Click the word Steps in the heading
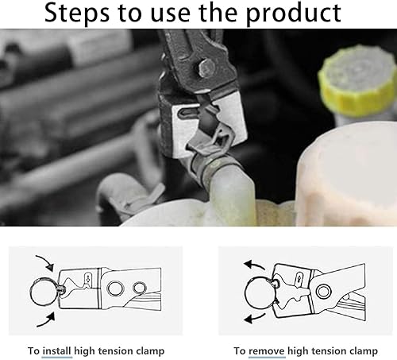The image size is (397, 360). pos(77,14)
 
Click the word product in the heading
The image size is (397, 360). pos(294,14)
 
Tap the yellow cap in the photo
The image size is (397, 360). pos(357,81)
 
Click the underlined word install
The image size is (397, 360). pos(56,351)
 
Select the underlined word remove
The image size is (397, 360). pos(267,351)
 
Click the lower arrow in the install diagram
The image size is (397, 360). pos(46,320)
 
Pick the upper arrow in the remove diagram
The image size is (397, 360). pos(254,265)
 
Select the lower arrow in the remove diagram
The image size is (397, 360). pos(254,318)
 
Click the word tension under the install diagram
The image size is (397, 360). pos(115,351)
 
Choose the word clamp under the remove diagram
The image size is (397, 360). pos(364,351)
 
